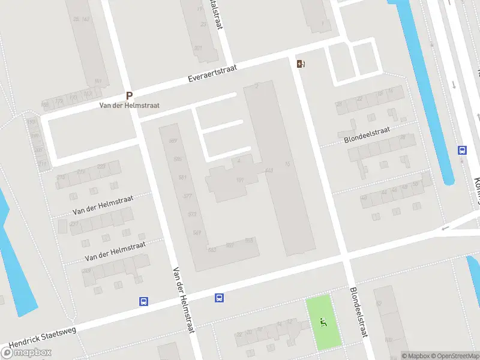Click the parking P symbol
tap(129, 95)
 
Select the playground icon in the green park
tap(324, 323)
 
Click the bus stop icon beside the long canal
tap(462, 150)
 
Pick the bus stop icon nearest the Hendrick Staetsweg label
tap(143, 302)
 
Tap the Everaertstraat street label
tap(212, 74)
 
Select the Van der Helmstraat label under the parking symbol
tap(129, 106)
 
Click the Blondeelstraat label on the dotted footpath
tap(367, 135)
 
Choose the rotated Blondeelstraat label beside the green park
tap(358, 312)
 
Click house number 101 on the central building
tap(240, 181)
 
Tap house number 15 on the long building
tap(287, 164)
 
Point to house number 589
tap(173, 141)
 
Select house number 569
tap(197, 232)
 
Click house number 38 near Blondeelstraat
tap(402, 137)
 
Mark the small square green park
tap(324, 322)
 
